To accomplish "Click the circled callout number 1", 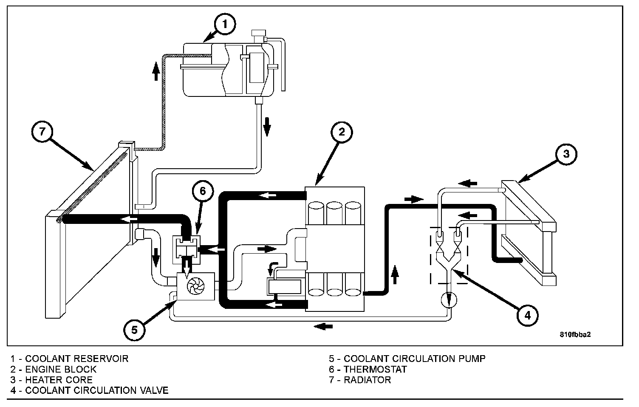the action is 225,24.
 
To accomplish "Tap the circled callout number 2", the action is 342,132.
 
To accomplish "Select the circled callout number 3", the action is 566,154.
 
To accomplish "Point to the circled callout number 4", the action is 527,316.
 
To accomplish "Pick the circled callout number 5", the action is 134,330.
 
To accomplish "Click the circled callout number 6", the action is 203,191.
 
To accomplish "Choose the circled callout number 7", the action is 42,131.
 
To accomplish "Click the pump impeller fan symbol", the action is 196,286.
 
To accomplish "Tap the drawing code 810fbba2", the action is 575,334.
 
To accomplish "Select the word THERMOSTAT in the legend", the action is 375,369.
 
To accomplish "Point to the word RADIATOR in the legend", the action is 368,380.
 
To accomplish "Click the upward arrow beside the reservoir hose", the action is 156,71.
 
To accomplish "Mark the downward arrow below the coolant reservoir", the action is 267,126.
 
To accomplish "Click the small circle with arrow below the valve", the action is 449,300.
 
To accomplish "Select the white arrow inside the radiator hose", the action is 129,219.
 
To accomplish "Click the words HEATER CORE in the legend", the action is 59,380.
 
